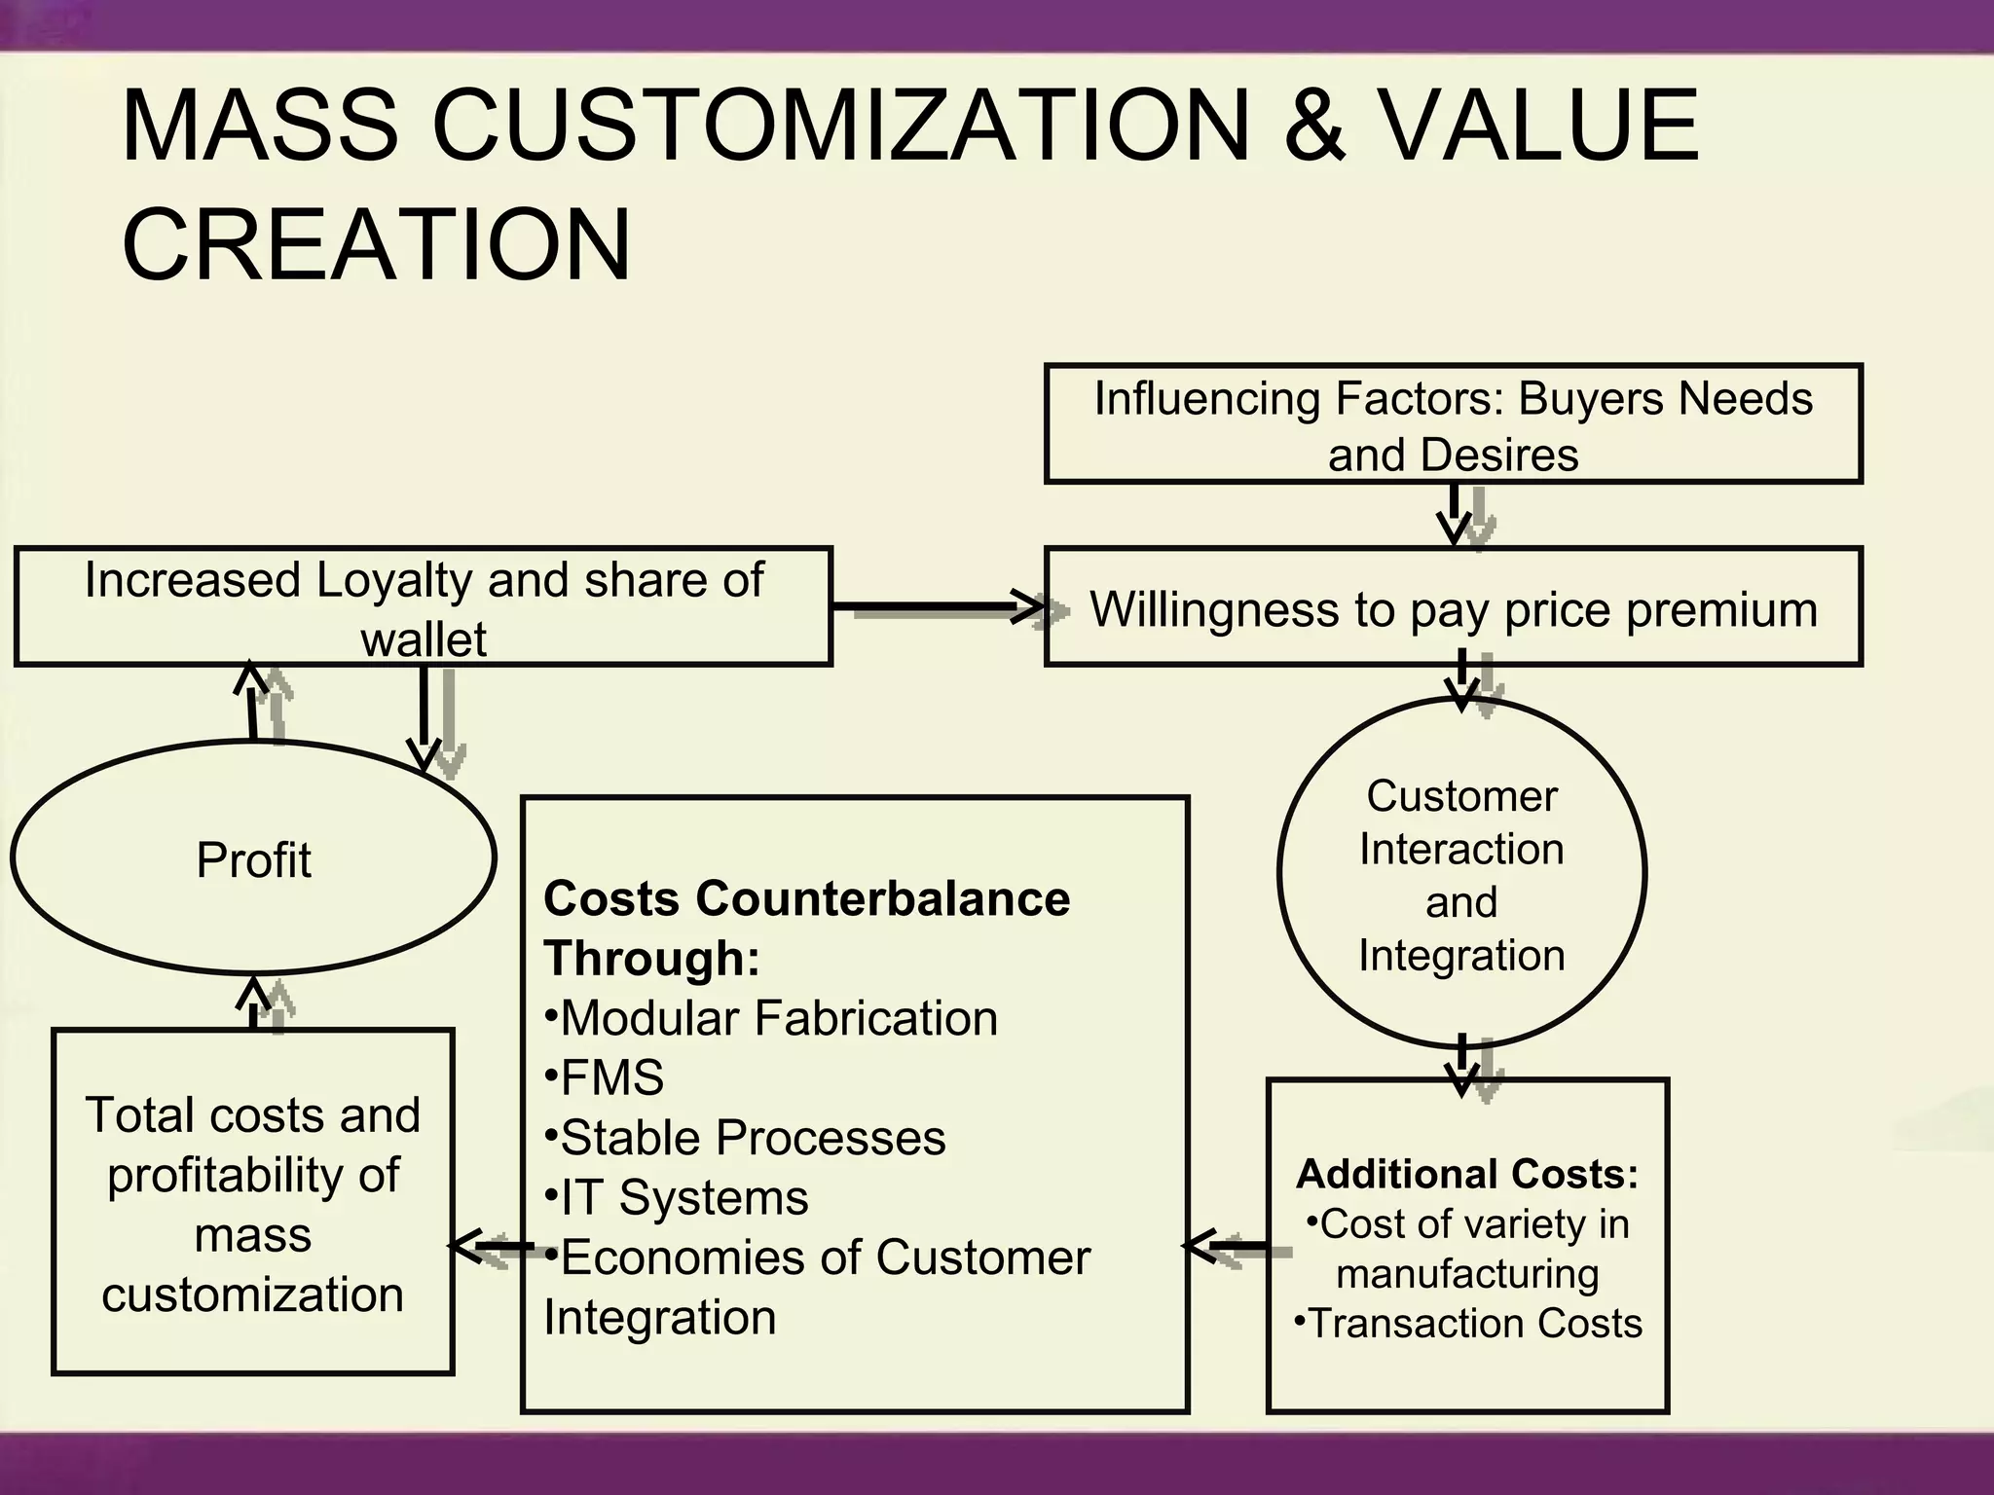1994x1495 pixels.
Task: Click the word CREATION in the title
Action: (376, 244)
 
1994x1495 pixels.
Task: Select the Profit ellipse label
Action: (253, 860)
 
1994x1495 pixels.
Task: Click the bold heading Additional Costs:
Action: (1467, 1174)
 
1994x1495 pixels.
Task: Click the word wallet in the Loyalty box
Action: (424, 639)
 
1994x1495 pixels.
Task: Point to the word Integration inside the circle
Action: (1461, 956)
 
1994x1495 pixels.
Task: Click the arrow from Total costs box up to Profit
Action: (254, 1003)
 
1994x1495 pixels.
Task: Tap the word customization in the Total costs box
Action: (252, 1294)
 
